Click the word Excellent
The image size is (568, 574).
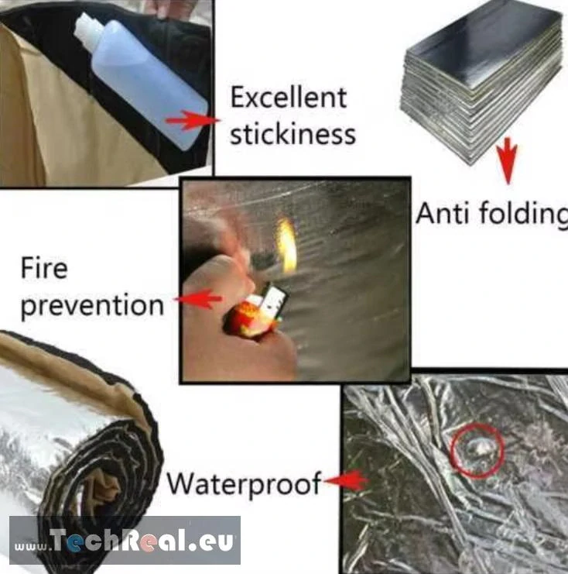(288, 98)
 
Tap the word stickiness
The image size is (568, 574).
(293, 134)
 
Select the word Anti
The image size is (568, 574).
(443, 213)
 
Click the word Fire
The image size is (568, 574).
(44, 267)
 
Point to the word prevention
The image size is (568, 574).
(92, 306)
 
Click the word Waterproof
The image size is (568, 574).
(244, 484)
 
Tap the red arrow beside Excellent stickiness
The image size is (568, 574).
(193, 120)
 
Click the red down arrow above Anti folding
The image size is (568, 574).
(508, 160)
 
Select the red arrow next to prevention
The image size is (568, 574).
(198, 299)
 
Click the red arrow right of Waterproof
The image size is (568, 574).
(347, 480)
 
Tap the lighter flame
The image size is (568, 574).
(287, 246)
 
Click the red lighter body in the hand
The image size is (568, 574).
(242, 319)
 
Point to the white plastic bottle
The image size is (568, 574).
(142, 81)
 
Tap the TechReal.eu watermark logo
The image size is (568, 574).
(125, 541)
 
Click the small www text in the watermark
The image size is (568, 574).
(31, 547)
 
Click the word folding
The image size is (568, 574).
(523, 214)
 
